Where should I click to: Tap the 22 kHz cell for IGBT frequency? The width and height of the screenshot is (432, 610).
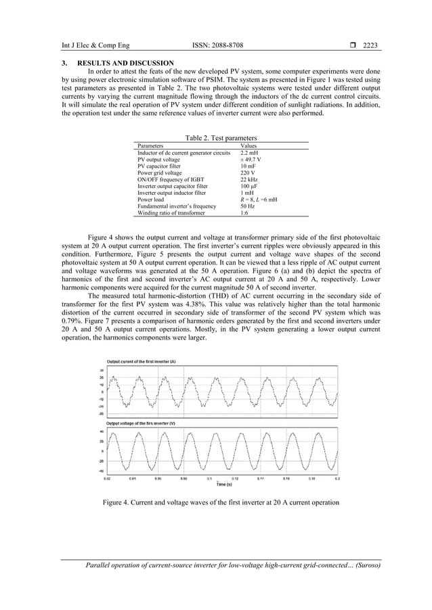[x=250, y=179]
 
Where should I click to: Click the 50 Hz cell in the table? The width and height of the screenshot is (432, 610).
[x=249, y=206]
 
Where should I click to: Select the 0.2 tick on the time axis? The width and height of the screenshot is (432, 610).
[x=337, y=478]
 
